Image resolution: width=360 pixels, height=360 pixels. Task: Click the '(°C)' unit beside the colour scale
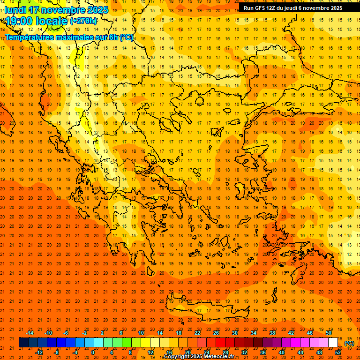coord(349,343)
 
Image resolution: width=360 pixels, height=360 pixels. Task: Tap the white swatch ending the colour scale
coord(333,343)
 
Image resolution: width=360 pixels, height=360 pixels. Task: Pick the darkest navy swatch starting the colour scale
coord(23,343)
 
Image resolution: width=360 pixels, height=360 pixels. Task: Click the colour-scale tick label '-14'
coord(30,333)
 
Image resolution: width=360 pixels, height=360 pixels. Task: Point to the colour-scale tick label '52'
coord(338,352)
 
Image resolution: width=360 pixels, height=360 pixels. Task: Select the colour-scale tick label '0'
coord(93,352)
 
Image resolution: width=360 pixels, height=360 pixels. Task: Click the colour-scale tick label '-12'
coord(39,352)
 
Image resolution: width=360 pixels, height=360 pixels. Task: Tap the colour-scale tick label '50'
coord(329,333)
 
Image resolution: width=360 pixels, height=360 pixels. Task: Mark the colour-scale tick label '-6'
coord(66,333)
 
